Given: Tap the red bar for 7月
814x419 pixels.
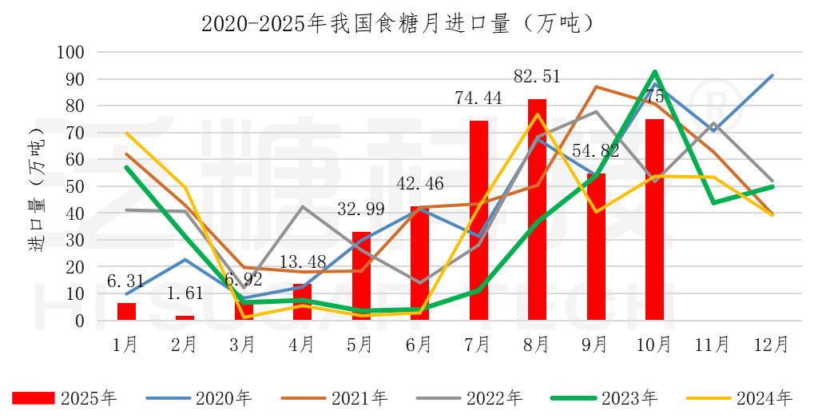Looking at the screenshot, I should (x=478, y=221).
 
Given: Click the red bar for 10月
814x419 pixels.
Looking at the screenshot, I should (x=654, y=220).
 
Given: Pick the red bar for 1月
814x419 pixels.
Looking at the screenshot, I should (x=126, y=312).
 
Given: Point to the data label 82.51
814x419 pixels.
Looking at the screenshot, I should (x=537, y=77).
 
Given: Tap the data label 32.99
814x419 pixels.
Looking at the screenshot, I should (x=361, y=210).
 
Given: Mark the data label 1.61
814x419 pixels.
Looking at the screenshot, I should (x=185, y=294).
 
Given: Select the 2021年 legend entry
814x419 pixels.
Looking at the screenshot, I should (x=335, y=397).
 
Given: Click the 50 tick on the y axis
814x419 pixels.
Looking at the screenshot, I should (x=76, y=186).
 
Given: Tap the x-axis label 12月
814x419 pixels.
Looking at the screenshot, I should (x=772, y=345).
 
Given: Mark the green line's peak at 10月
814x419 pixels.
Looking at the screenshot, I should (x=655, y=72).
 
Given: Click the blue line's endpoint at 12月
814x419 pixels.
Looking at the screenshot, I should (x=772, y=75).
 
